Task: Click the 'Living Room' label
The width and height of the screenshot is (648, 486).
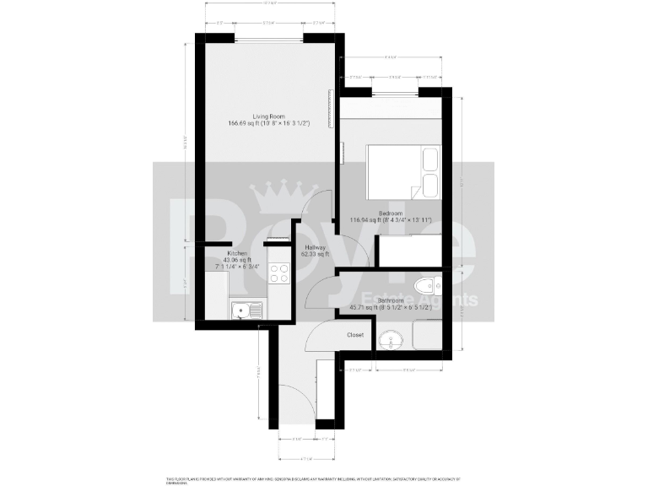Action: pos(269,116)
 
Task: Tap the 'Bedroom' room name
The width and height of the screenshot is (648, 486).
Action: pos(391,213)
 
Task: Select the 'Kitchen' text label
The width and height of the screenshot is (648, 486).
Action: pos(236,253)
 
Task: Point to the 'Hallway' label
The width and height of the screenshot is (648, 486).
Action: pos(316,246)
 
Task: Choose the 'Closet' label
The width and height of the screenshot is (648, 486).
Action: pos(355,335)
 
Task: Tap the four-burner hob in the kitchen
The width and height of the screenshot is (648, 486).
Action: pos(278,273)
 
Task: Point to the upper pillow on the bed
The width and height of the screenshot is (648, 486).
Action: pos(429,159)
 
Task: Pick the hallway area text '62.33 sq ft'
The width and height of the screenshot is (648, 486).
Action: pos(316,253)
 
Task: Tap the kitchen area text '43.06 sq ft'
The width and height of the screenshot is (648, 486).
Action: pos(237,260)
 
